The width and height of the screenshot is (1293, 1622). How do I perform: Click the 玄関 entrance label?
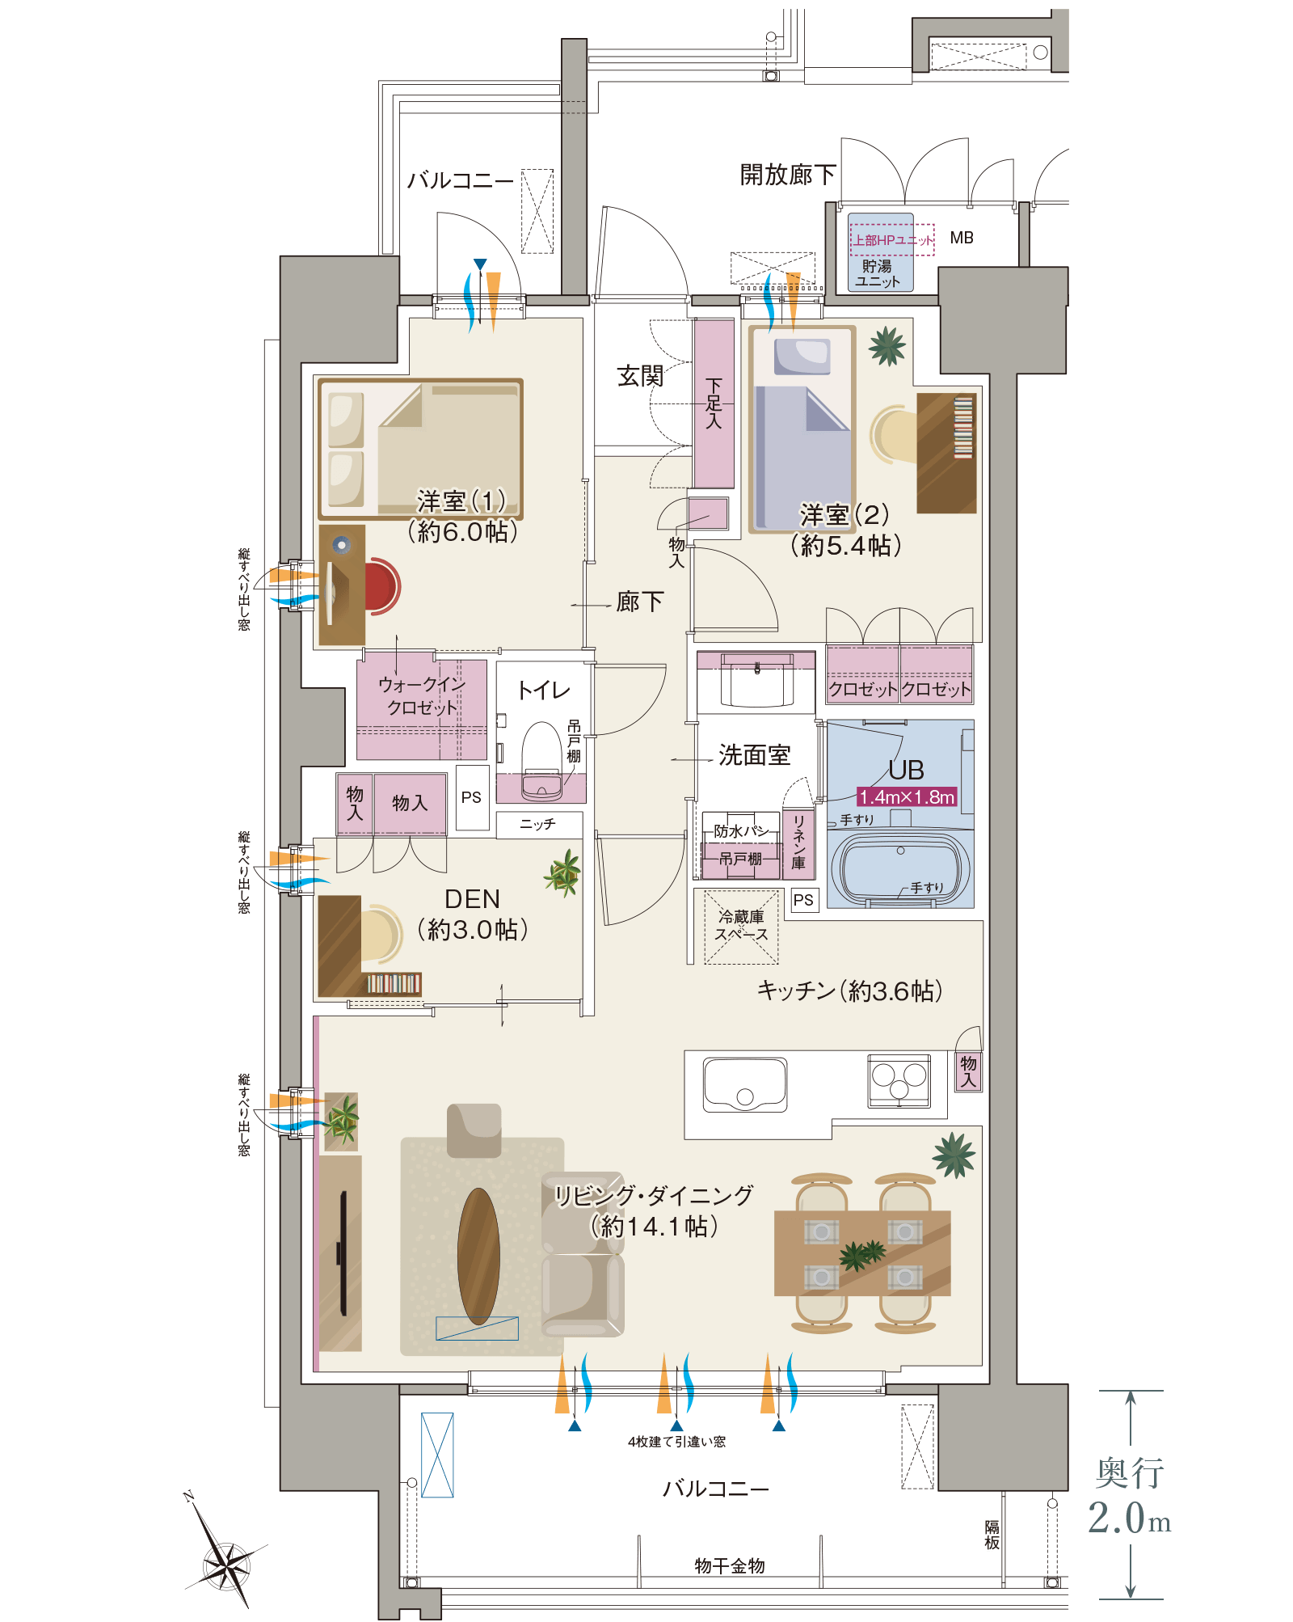click(640, 375)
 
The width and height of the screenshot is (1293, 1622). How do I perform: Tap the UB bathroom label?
click(906, 769)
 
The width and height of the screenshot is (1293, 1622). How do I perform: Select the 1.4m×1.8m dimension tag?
click(906, 797)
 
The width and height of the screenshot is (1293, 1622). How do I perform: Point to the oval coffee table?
click(478, 1256)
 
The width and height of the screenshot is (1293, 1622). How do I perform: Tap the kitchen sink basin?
click(744, 1083)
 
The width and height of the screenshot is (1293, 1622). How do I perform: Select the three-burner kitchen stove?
click(899, 1082)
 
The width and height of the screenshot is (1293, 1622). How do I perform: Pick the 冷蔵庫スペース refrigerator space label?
click(741, 926)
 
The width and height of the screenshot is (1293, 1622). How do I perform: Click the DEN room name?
click(472, 899)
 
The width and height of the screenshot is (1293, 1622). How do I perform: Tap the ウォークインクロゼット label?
click(422, 695)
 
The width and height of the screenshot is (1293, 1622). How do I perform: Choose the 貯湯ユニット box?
click(878, 273)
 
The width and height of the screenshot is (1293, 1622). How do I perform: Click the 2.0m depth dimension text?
click(1129, 1518)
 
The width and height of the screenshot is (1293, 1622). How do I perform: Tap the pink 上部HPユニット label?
click(892, 240)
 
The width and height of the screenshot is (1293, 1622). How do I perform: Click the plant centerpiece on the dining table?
click(862, 1254)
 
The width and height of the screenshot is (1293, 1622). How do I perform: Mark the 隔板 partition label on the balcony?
click(992, 1535)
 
